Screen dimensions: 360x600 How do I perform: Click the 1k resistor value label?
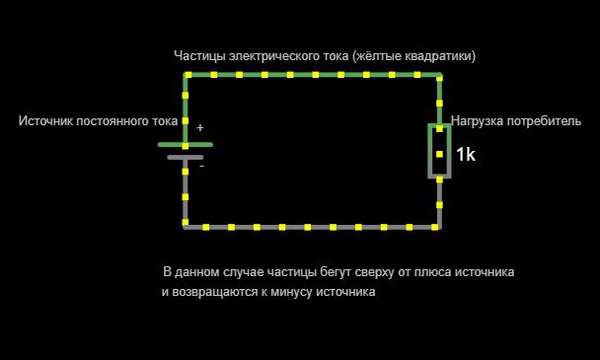(x=466, y=155)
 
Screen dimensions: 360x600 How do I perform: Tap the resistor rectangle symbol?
(x=439, y=151)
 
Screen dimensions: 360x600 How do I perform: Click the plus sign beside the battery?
(x=200, y=127)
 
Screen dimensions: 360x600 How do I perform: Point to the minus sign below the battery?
(x=201, y=166)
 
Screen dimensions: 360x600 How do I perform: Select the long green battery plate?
(x=186, y=144)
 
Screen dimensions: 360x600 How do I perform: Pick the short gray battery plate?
(x=186, y=157)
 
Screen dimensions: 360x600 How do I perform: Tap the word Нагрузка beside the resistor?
(x=478, y=121)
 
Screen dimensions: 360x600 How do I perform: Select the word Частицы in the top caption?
(x=199, y=56)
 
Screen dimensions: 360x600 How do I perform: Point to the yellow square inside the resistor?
(x=439, y=154)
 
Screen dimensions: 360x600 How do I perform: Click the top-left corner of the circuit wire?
(x=186, y=74)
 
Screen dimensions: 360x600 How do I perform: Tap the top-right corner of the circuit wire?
(x=439, y=74)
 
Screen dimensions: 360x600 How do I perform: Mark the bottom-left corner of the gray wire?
(x=186, y=227)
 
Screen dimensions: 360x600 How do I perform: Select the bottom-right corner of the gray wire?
(x=439, y=227)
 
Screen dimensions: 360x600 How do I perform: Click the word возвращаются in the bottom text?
(x=209, y=293)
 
